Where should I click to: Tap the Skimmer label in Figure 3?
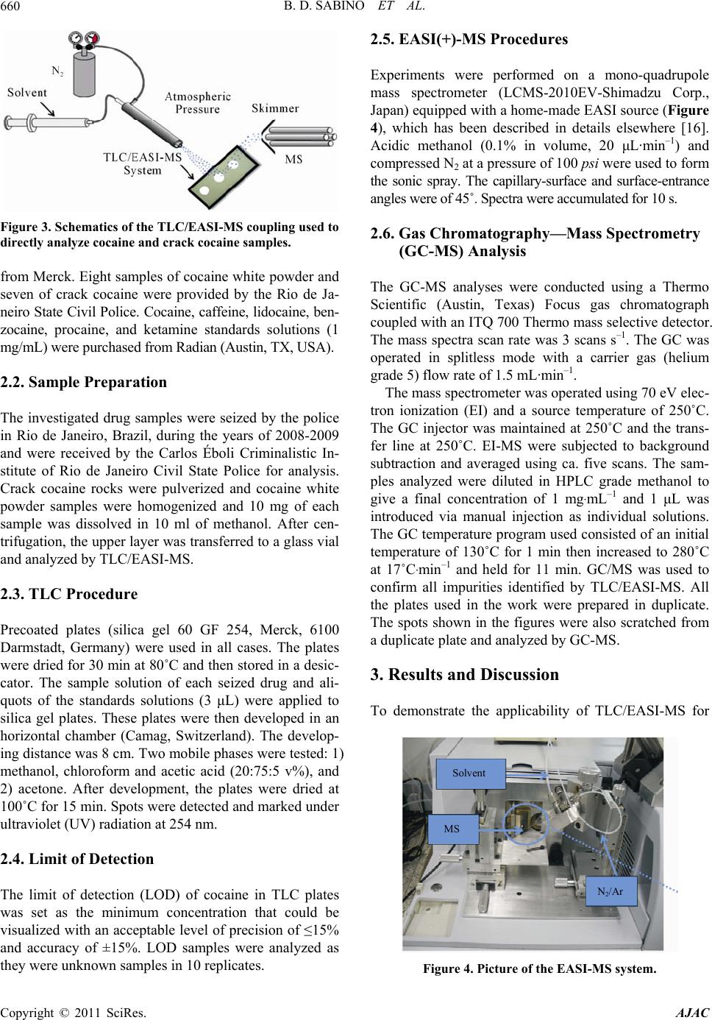click(275, 108)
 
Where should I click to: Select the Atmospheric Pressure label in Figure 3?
click(198, 103)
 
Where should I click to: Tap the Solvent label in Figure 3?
click(26, 93)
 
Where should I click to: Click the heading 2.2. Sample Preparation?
click(84, 382)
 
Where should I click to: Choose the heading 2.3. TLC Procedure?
click(69, 594)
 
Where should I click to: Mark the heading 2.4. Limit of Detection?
click(77, 859)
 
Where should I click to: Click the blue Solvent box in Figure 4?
click(469, 773)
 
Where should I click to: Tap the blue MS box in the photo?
click(452, 829)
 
